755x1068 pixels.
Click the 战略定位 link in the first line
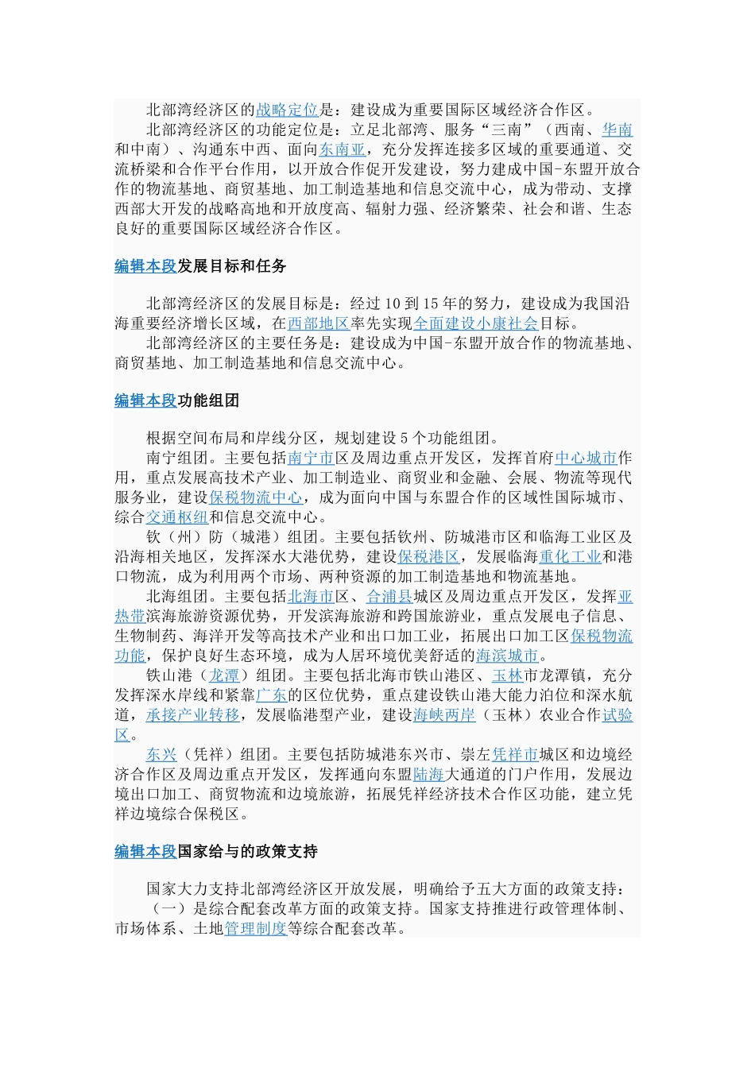[x=287, y=110]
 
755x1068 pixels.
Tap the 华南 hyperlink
[x=617, y=130]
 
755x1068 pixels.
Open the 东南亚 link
[x=342, y=149]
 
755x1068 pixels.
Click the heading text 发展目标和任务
[x=231, y=266]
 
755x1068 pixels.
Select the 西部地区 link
[x=318, y=323]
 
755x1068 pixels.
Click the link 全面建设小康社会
[x=475, y=323]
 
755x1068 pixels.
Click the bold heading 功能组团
[x=207, y=400]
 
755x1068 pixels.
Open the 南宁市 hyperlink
[x=310, y=458]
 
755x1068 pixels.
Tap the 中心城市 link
[x=586, y=458]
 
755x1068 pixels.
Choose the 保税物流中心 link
[x=255, y=497]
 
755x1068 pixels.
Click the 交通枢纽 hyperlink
[x=176, y=517]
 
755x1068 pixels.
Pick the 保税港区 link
[x=428, y=557]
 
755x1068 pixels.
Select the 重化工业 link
[x=570, y=557]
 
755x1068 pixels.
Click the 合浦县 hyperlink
[x=389, y=596]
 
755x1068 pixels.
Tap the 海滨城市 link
[x=507, y=656]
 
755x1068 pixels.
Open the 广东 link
[x=271, y=695]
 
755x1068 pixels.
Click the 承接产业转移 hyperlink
[x=192, y=715]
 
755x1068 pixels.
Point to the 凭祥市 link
[x=515, y=754]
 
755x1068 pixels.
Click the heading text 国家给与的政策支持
[x=247, y=852]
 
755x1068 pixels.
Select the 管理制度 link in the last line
[x=255, y=928]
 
